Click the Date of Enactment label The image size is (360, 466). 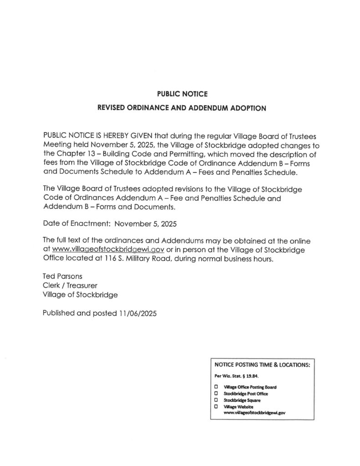[x=76, y=224]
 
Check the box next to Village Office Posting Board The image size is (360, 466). [x=216, y=386]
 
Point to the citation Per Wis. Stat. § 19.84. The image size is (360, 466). [x=236, y=376]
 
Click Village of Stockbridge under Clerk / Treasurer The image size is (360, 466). [x=80, y=294]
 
